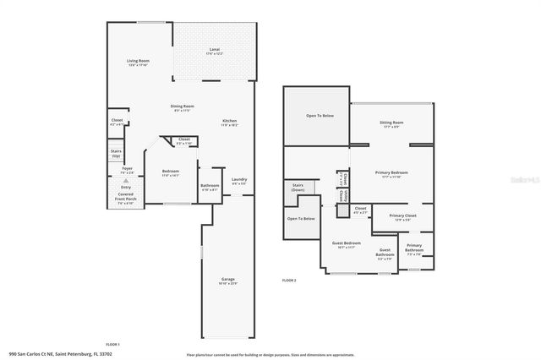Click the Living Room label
(x=138, y=63)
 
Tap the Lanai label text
(x=214, y=51)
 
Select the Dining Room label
(x=183, y=106)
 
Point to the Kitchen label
(x=229, y=122)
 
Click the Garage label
(x=227, y=280)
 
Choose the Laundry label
(x=239, y=179)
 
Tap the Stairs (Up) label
(x=116, y=154)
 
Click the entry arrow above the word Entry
(x=126, y=181)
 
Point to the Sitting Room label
(x=391, y=123)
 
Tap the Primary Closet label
(x=402, y=216)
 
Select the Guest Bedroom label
(x=346, y=244)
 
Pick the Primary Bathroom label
(x=414, y=247)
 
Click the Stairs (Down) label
(x=298, y=187)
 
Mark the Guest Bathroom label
(x=385, y=253)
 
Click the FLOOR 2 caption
(x=289, y=280)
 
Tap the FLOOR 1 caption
(x=112, y=345)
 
